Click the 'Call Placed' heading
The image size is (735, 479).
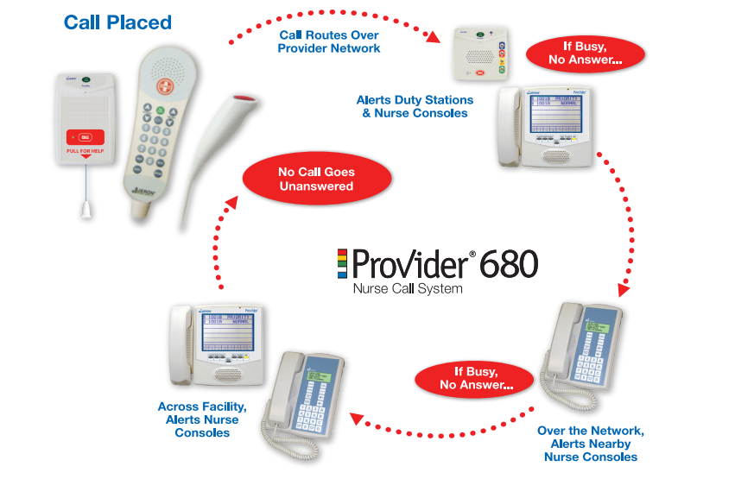pyautogui.click(x=117, y=22)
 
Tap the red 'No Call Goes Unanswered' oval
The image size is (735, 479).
pyautogui.click(x=316, y=179)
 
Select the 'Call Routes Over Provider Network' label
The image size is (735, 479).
pyautogui.click(x=329, y=41)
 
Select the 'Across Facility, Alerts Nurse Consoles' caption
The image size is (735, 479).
pyautogui.click(x=202, y=419)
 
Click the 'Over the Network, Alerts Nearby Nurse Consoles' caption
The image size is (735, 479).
pyautogui.click(x=590, y=444)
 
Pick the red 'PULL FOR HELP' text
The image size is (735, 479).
pyautogui.click(x=85, y=150)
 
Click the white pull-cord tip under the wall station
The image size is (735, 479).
pyautogui.click(x=85, y=208)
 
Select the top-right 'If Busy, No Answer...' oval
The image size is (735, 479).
pyautogui.click(x=586, y=54)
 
